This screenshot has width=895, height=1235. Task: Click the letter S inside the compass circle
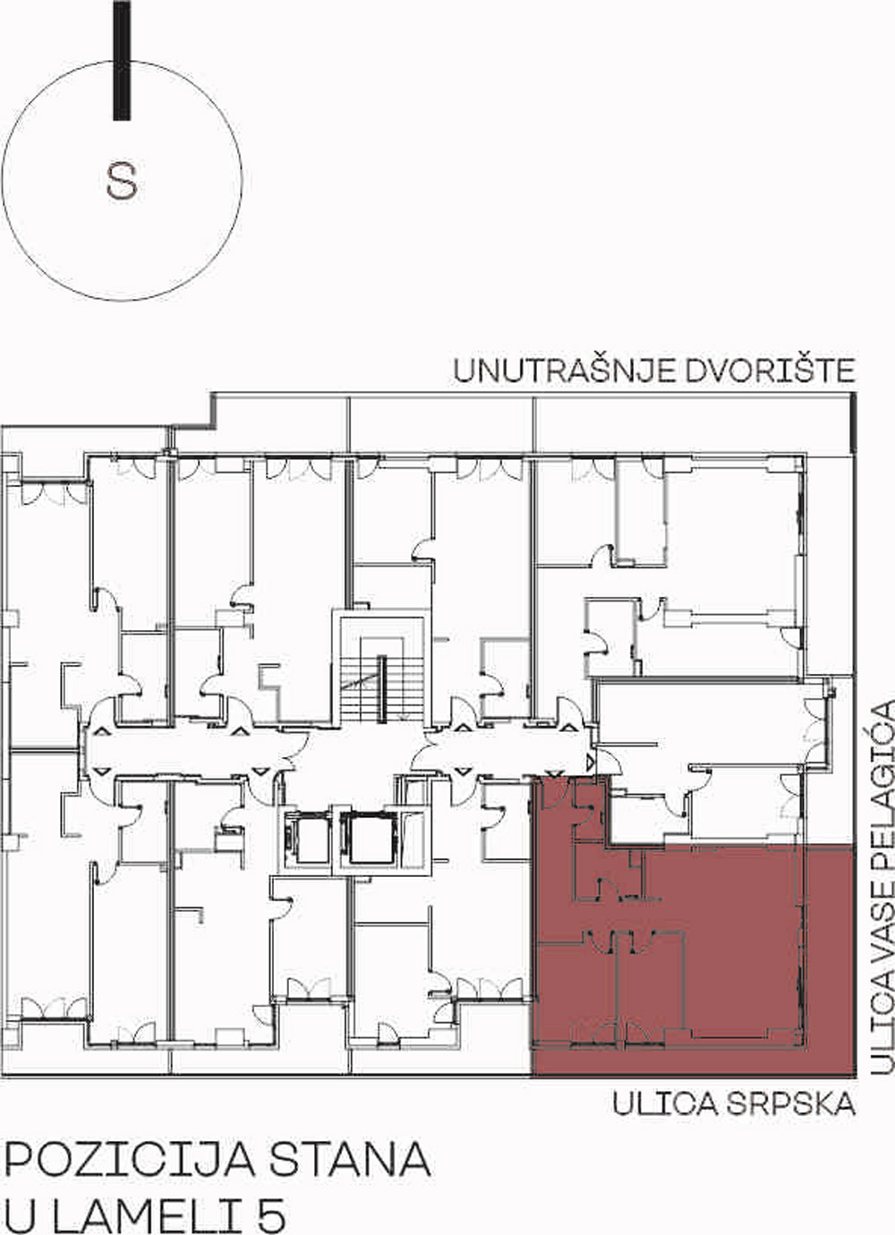coord(122,181)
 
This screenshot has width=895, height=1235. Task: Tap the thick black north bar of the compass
coord(122,60)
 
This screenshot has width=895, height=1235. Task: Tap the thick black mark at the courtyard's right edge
coord(853,422)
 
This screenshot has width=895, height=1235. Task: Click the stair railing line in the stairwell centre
coord(381,688)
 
